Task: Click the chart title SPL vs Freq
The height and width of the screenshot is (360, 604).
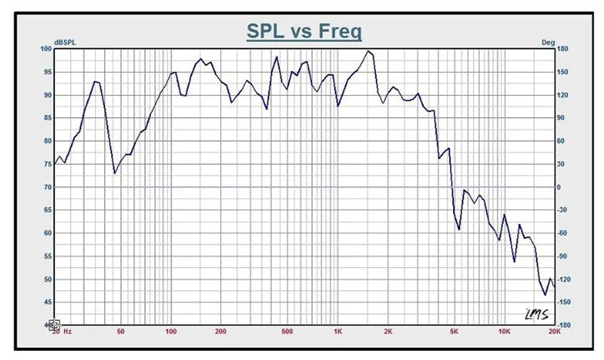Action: click(x=304, y=32)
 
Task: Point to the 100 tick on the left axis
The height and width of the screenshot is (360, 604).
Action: click(x=46, y=49)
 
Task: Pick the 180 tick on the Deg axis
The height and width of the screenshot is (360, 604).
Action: click(x=562, y=49)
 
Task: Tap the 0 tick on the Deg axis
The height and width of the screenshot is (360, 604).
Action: click(x=559, y=187)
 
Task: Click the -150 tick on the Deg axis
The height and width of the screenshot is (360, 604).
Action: click(x=564, y=303)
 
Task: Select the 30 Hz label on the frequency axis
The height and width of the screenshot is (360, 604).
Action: click(x=61, y=331)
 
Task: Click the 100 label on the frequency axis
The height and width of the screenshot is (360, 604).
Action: click(x=171, y=331)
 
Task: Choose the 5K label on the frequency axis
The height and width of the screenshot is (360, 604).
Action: click(x=454, y=331)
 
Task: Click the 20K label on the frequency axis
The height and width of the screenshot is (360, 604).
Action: click(x=553, y=331)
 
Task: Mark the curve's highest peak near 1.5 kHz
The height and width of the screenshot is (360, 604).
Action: click(x=368, y=51)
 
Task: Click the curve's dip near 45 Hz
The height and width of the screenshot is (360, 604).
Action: click(x=115, y=174)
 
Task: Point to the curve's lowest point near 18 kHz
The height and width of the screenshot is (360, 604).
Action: click(x=544, y=295)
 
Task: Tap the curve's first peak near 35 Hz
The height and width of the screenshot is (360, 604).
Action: click(x=94, y=82)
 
